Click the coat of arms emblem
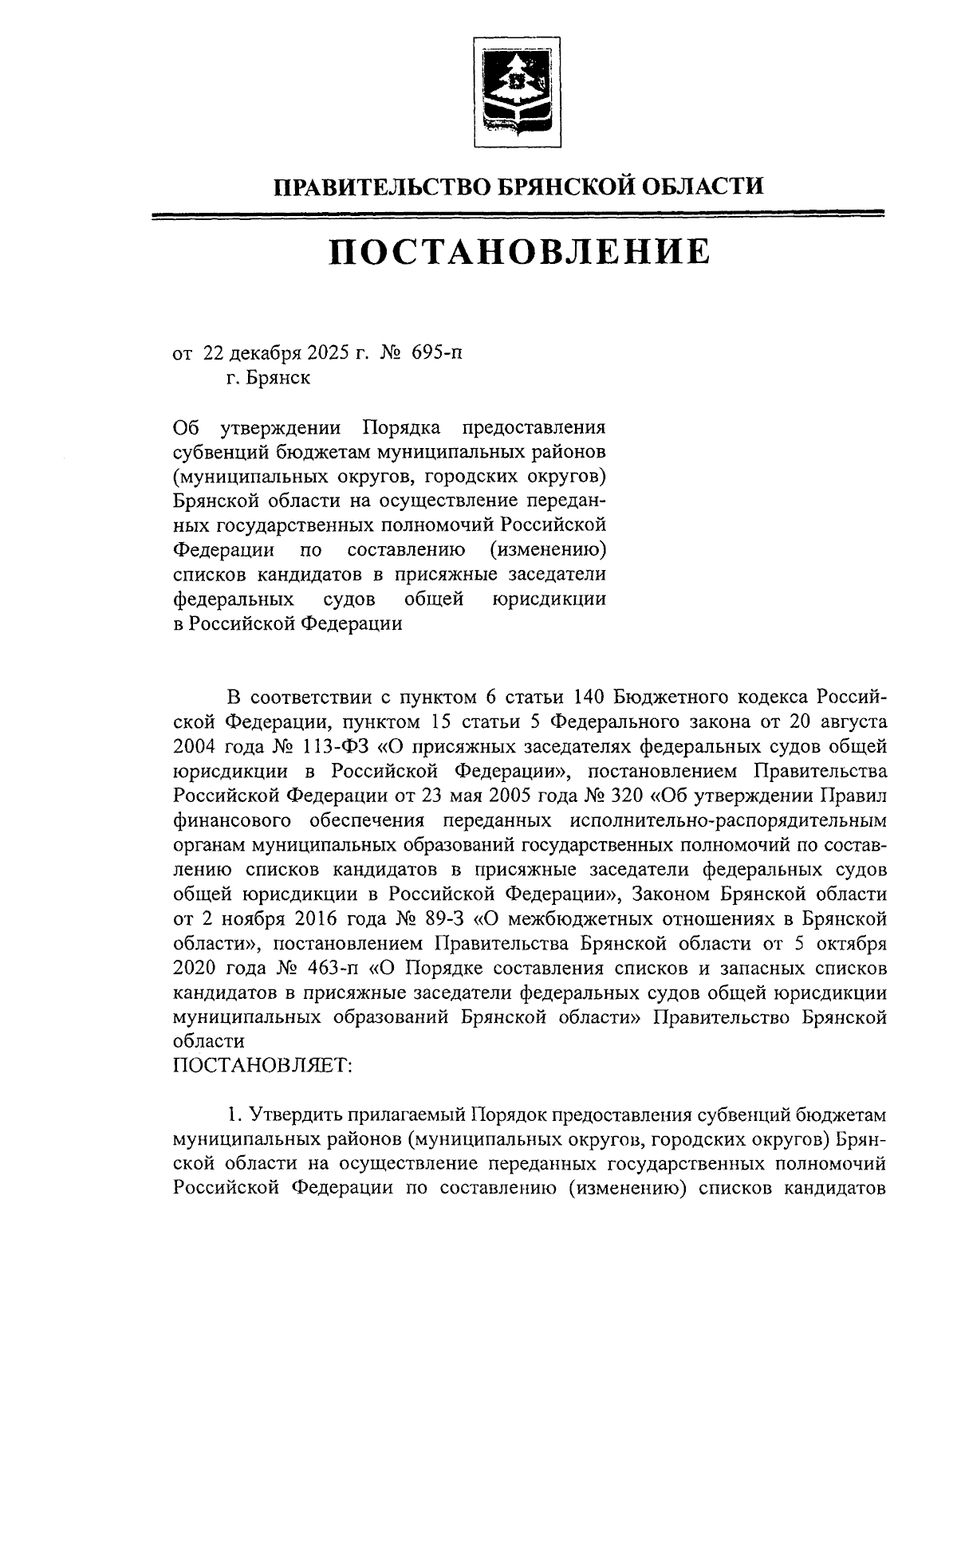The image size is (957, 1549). pos(518,92)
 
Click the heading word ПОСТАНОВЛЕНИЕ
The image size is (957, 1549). pos(518,251)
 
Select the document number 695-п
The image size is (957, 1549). pos(436,352)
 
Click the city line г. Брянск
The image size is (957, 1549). pos(267,377)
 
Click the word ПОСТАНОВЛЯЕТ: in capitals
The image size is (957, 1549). pos(262,1065)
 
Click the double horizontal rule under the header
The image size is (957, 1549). pos(518,214)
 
